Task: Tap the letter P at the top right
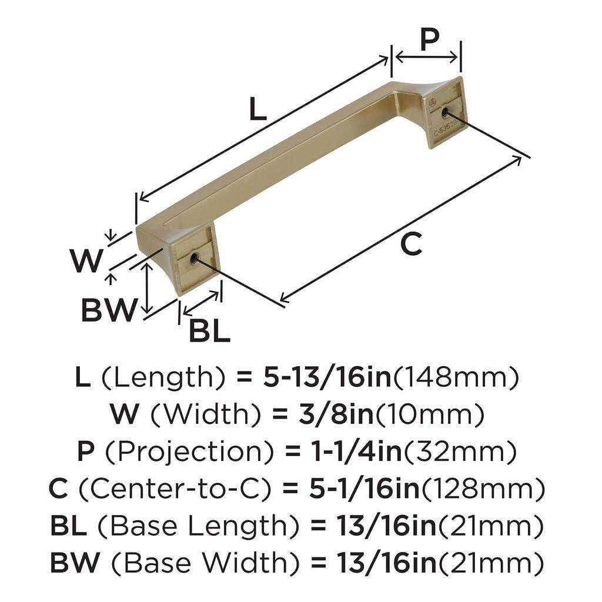430,40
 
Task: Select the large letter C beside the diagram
411,243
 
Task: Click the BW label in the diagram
109,310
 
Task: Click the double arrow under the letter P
427,57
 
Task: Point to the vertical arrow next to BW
148,289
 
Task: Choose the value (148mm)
456,377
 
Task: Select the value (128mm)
483,490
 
